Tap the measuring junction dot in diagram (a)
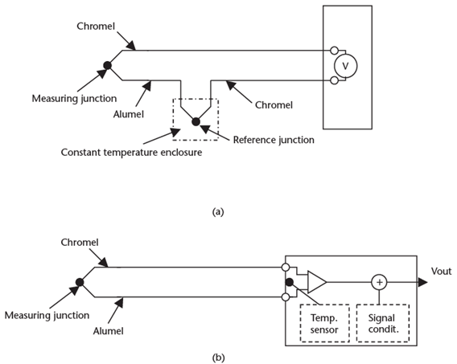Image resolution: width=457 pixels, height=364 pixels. [108, 65]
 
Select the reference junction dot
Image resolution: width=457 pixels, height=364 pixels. [195, 121]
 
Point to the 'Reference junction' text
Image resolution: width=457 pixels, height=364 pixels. [273, 140]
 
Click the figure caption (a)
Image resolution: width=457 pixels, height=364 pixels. [216, 212]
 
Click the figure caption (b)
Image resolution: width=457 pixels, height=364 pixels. [216, 350]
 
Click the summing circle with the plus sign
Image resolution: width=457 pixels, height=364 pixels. [378, 282]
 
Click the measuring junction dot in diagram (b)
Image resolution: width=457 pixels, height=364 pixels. [80, 283]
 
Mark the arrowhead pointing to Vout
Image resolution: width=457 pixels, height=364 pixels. [422, 282]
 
